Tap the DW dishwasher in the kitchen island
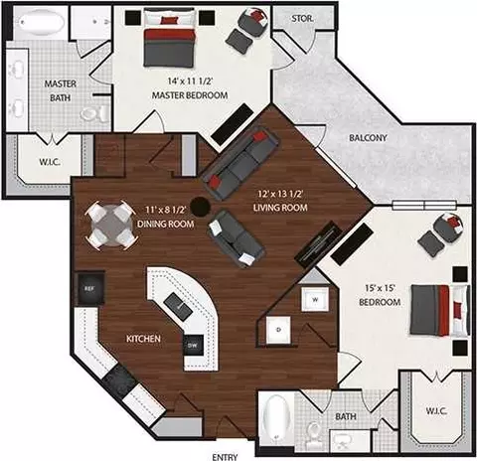[x=193, y=345]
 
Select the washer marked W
[x=315, y=299]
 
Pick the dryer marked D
[x=278, y=330]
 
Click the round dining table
[x=111, y=226]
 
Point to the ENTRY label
[x=225, y=457]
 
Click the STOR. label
[x=302, y=19]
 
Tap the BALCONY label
[x=368, y=138]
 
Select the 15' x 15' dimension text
[x=380, y=288]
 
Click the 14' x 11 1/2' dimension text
[x=190, y=80]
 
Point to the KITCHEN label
[x=143, y=339]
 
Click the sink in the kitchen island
[x=178, y=307]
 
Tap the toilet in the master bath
[x=95, y=113]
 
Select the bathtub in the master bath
[x=41, y=22]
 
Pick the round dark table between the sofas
[x=201, y=207]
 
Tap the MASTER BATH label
[x=60, y=90]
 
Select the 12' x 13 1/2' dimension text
[x=280, y=194]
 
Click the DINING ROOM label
[x=165, y=224]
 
